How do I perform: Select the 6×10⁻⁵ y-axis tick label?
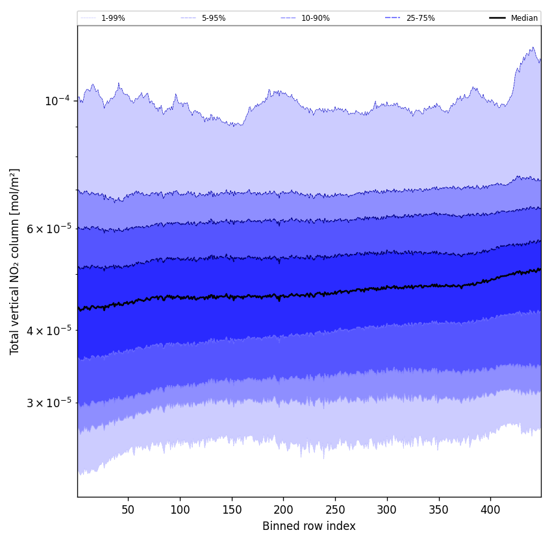pos(49,229)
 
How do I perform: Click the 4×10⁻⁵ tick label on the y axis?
pos(49,330)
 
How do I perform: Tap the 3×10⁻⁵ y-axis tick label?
pos(49,403)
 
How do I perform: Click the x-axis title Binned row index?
pos(309,526)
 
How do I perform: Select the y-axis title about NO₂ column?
pos(15,261)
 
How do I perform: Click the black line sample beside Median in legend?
pos(497,18)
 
